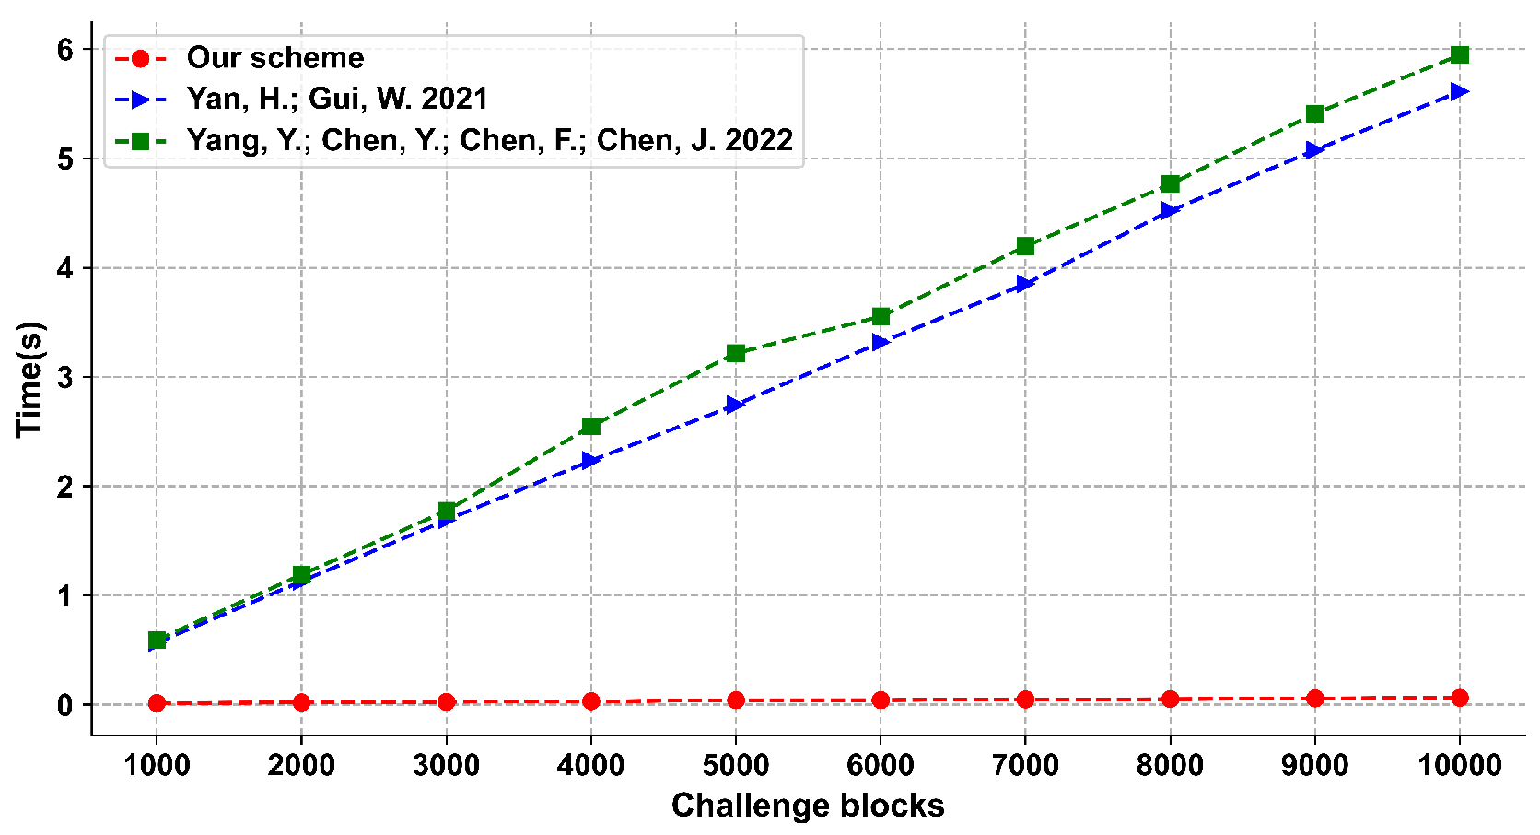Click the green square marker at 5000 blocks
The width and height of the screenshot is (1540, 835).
pyautogui.click(x=735, y=353)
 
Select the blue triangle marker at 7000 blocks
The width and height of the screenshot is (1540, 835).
pyautogui.click(x=1025, y=284)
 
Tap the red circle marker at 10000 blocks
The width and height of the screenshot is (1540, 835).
pyautogui.click(x=1459, y=698)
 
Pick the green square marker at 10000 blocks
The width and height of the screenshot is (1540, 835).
pyautogui.click(x=1459, y=55)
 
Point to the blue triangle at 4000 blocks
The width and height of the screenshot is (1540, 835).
pyautogui.click(x=590, y=460)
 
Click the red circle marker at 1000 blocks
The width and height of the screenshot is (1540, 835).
pyautogui.click(x=157, y=703)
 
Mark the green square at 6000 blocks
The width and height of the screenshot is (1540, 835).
pyautogui.click(x=881, y=317)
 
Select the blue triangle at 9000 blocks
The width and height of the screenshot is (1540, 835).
pyautogui.click(x=1314, y=150)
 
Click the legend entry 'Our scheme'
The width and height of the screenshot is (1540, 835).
pyautogui.click(x=274, y=58)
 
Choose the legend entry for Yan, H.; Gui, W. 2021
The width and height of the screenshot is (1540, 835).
pyautogui.click(x=336, y=99)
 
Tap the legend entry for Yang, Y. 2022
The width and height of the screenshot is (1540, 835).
pyautogui.click(x=489, y=140)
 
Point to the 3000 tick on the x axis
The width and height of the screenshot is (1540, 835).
pyautogui.click(x=446, y=764)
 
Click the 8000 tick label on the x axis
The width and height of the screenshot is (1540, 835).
pyautogui.click(x=1170, y=764)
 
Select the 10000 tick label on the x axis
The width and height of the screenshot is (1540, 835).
pyautogui.click(x=1459, y=764)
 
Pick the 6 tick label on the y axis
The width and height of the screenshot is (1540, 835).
pyautogui.click(x=64, y=50)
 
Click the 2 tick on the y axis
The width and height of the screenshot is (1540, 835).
pyautogui.click(x=64, y=487)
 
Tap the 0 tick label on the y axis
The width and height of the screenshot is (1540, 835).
pyautogui.click(x=64, y=705)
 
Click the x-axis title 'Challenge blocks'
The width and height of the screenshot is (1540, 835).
pyautogui.click(x=808, y=806)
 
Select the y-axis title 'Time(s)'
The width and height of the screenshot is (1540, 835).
pyautogui.click(x=29, y=378)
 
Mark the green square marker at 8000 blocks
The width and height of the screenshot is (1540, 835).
pyautogui.click(x=1170, y=184)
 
